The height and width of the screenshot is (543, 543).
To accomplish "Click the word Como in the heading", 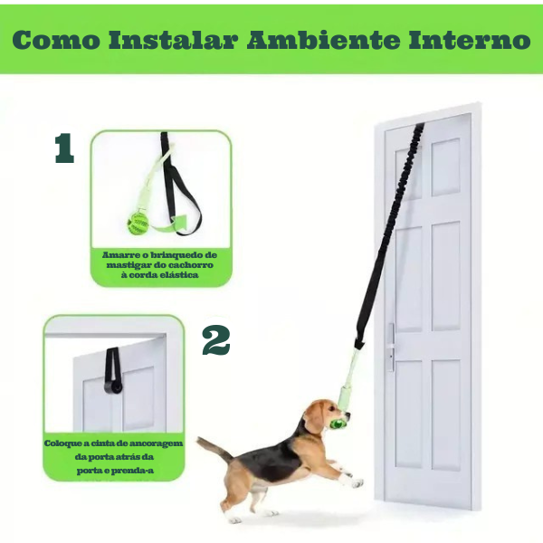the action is pos(56,40).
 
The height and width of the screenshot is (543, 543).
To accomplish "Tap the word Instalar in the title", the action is pos(174,40).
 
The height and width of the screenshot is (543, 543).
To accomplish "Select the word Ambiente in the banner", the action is pos(323,40).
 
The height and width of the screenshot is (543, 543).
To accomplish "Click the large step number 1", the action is pos(64,148).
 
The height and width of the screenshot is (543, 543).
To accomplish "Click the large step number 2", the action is pos(216,339).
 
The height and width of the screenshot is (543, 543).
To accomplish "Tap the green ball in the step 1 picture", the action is pos(138,224).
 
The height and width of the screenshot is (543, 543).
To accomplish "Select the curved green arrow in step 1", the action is pos(170,224).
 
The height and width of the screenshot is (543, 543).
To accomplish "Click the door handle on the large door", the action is pos(391,348).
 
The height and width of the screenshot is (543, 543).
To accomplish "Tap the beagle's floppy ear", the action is pos(313,421).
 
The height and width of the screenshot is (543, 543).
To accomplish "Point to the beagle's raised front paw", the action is pos(357,482).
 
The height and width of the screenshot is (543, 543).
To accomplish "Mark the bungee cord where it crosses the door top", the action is pos(419,126).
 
